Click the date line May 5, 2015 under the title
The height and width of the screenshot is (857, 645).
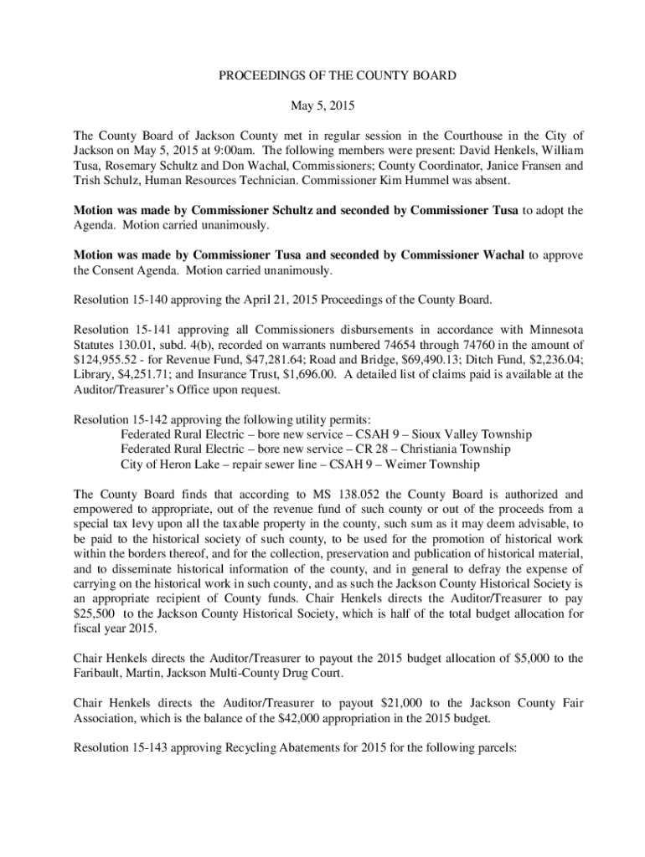322,106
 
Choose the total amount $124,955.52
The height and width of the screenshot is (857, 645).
106,359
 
